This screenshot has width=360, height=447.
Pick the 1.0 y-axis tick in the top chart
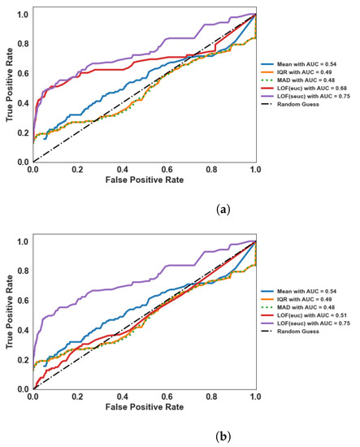pyautogui.click(x=23, y=15)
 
